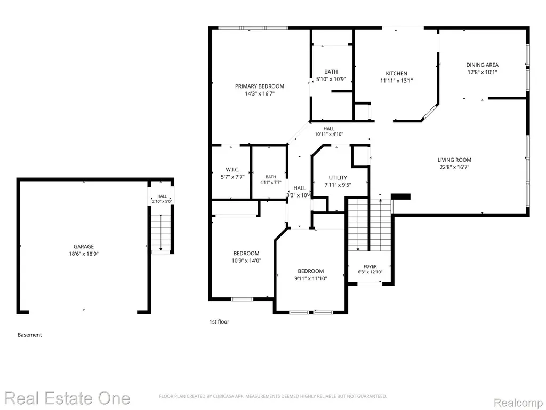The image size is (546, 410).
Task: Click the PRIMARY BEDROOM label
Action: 260,86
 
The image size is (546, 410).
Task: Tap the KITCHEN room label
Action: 396,73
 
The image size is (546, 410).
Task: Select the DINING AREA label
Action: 482,65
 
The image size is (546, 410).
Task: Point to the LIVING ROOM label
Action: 454,160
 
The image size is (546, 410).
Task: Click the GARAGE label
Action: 84,246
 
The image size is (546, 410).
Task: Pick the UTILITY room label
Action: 338,177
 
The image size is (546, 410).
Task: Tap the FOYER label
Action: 370,266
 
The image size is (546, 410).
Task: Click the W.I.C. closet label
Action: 232,169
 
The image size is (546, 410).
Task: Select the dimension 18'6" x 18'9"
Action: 84,254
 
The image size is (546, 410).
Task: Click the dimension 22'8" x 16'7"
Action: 454,167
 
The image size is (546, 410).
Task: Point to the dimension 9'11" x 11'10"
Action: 311,278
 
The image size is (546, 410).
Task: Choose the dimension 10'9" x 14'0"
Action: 246,261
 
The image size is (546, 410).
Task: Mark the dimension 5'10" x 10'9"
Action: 331,79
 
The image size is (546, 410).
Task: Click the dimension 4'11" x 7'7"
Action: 270,182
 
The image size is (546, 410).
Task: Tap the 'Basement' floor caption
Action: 30,335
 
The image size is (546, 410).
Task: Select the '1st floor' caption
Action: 219,321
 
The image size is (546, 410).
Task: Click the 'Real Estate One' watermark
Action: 67,398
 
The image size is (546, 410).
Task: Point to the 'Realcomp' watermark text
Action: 519,403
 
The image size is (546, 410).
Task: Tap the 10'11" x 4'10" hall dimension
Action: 329,134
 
